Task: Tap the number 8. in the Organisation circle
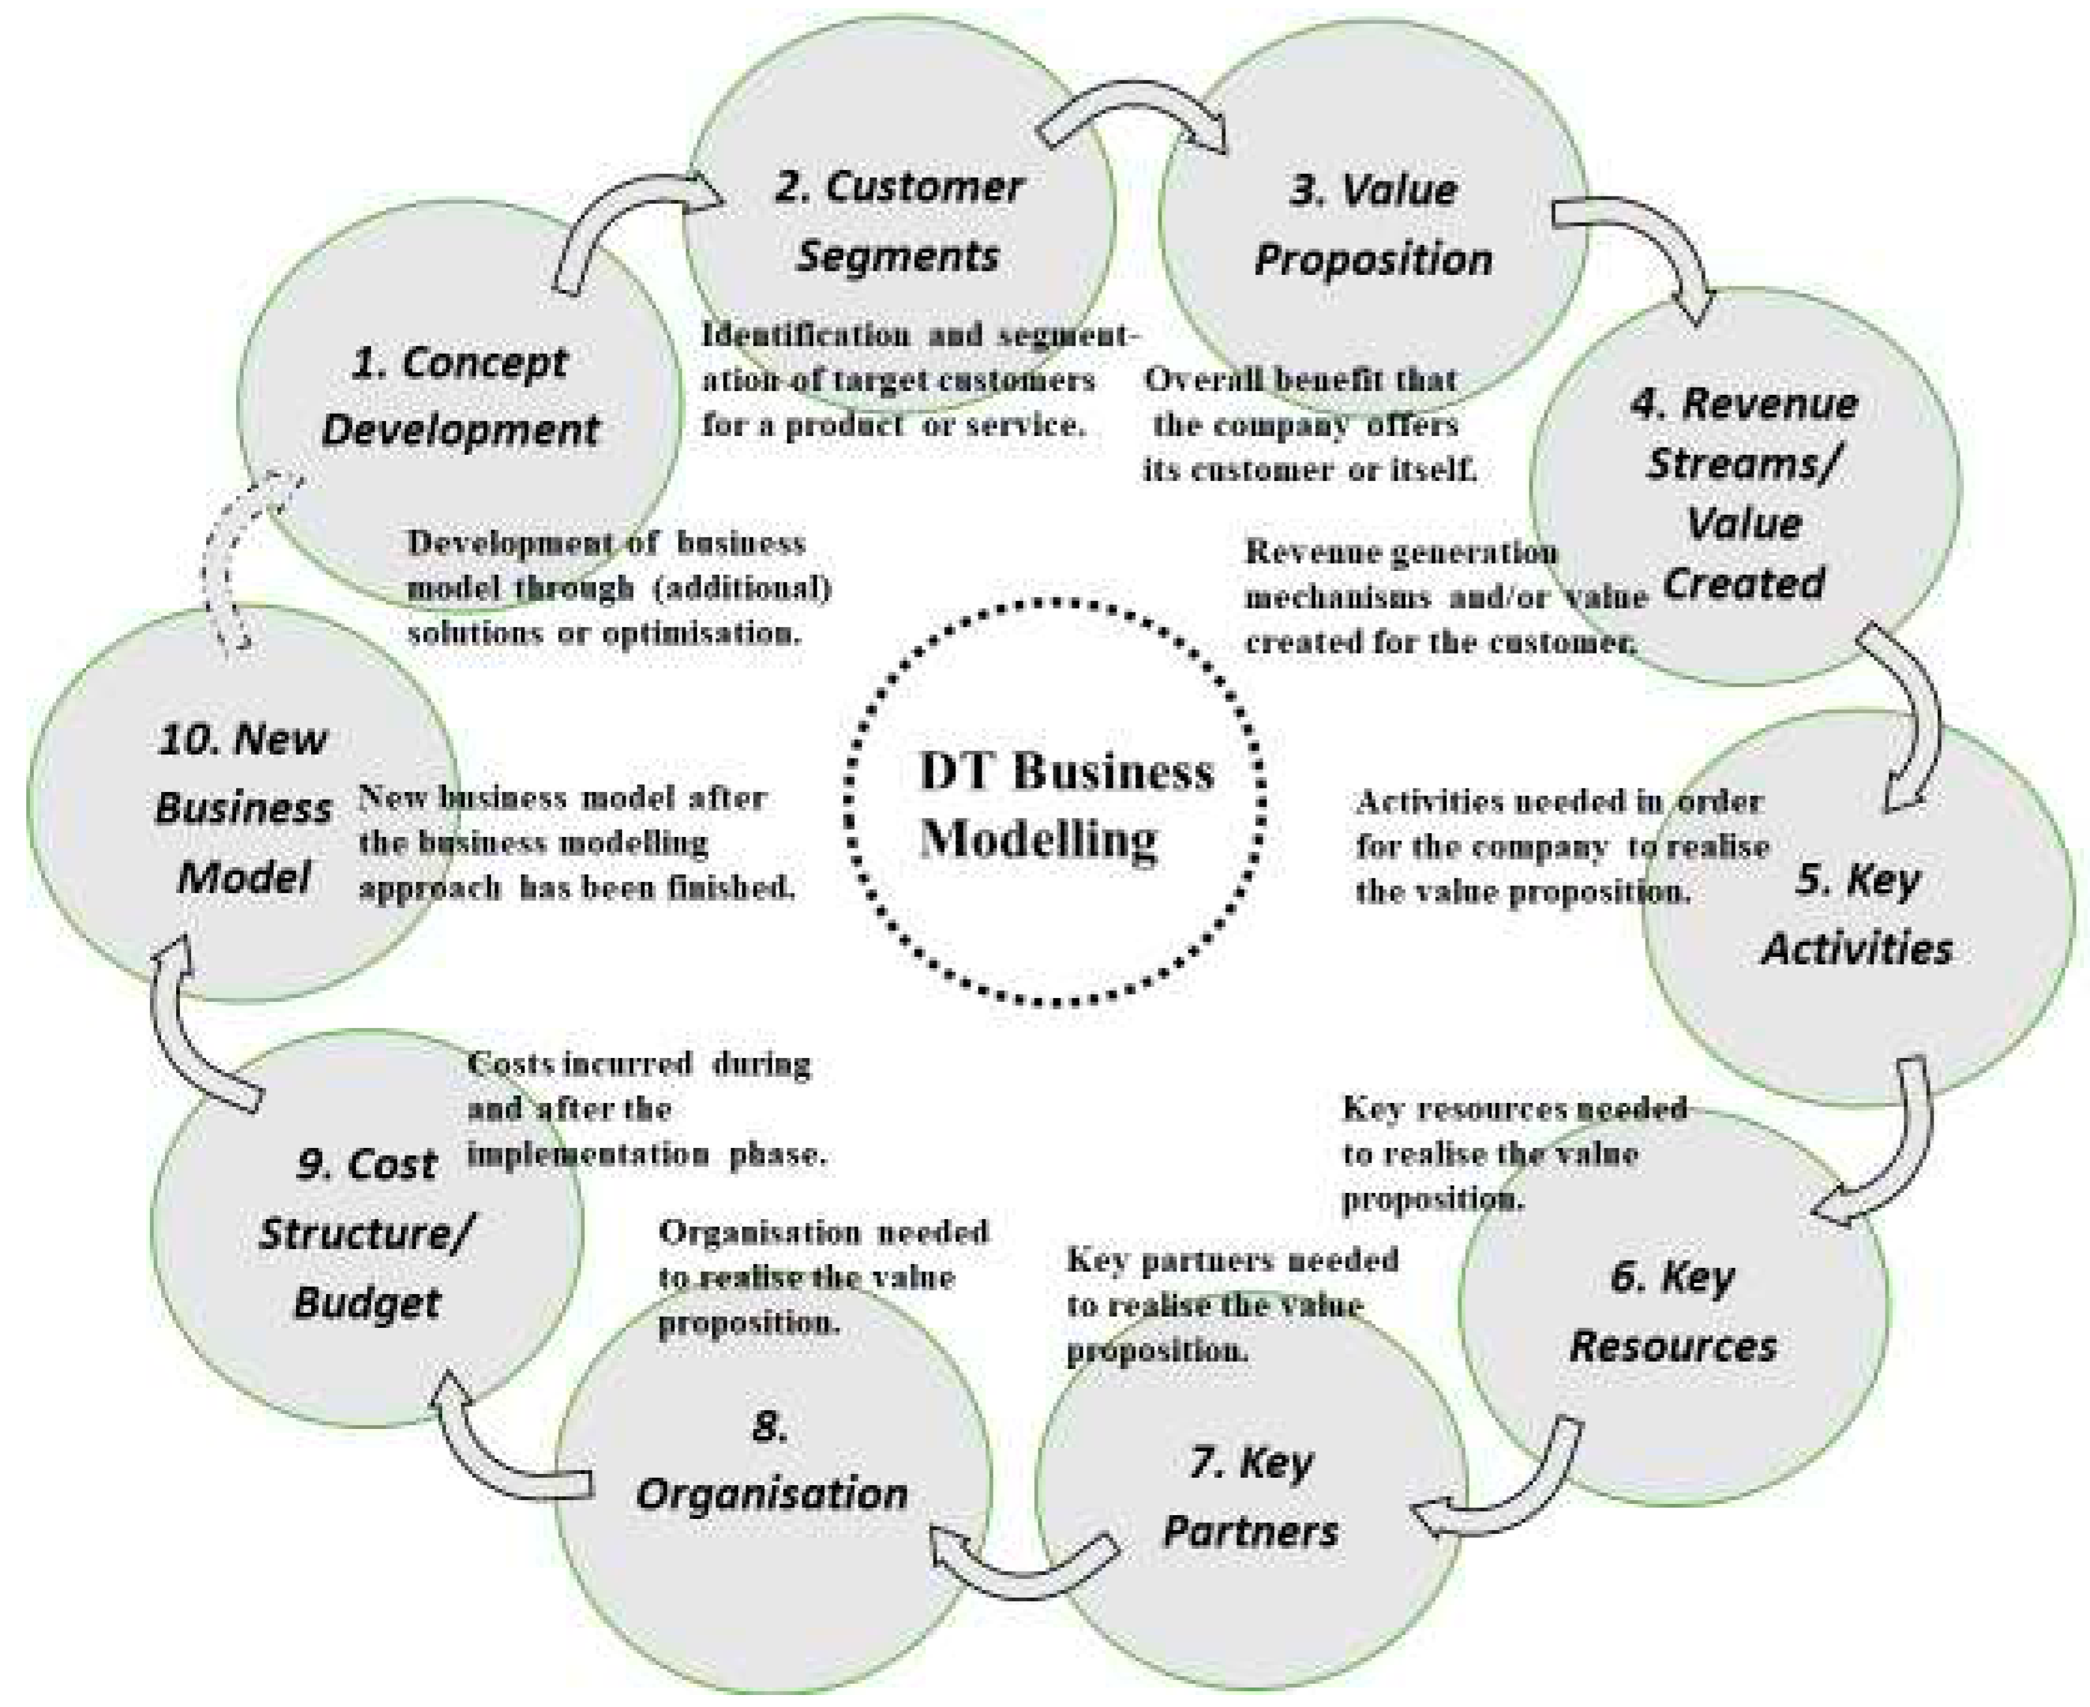(770, 1426)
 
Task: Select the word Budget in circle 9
(366, 1303)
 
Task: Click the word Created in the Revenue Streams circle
(1743, 583)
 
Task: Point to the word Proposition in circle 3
(1374, 259)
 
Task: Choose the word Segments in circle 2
(898, 256)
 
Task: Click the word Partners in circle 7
(1251, 1531)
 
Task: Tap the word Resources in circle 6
(1673, 1346)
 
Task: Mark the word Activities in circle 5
(1857, 949)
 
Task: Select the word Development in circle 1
(460, 429)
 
